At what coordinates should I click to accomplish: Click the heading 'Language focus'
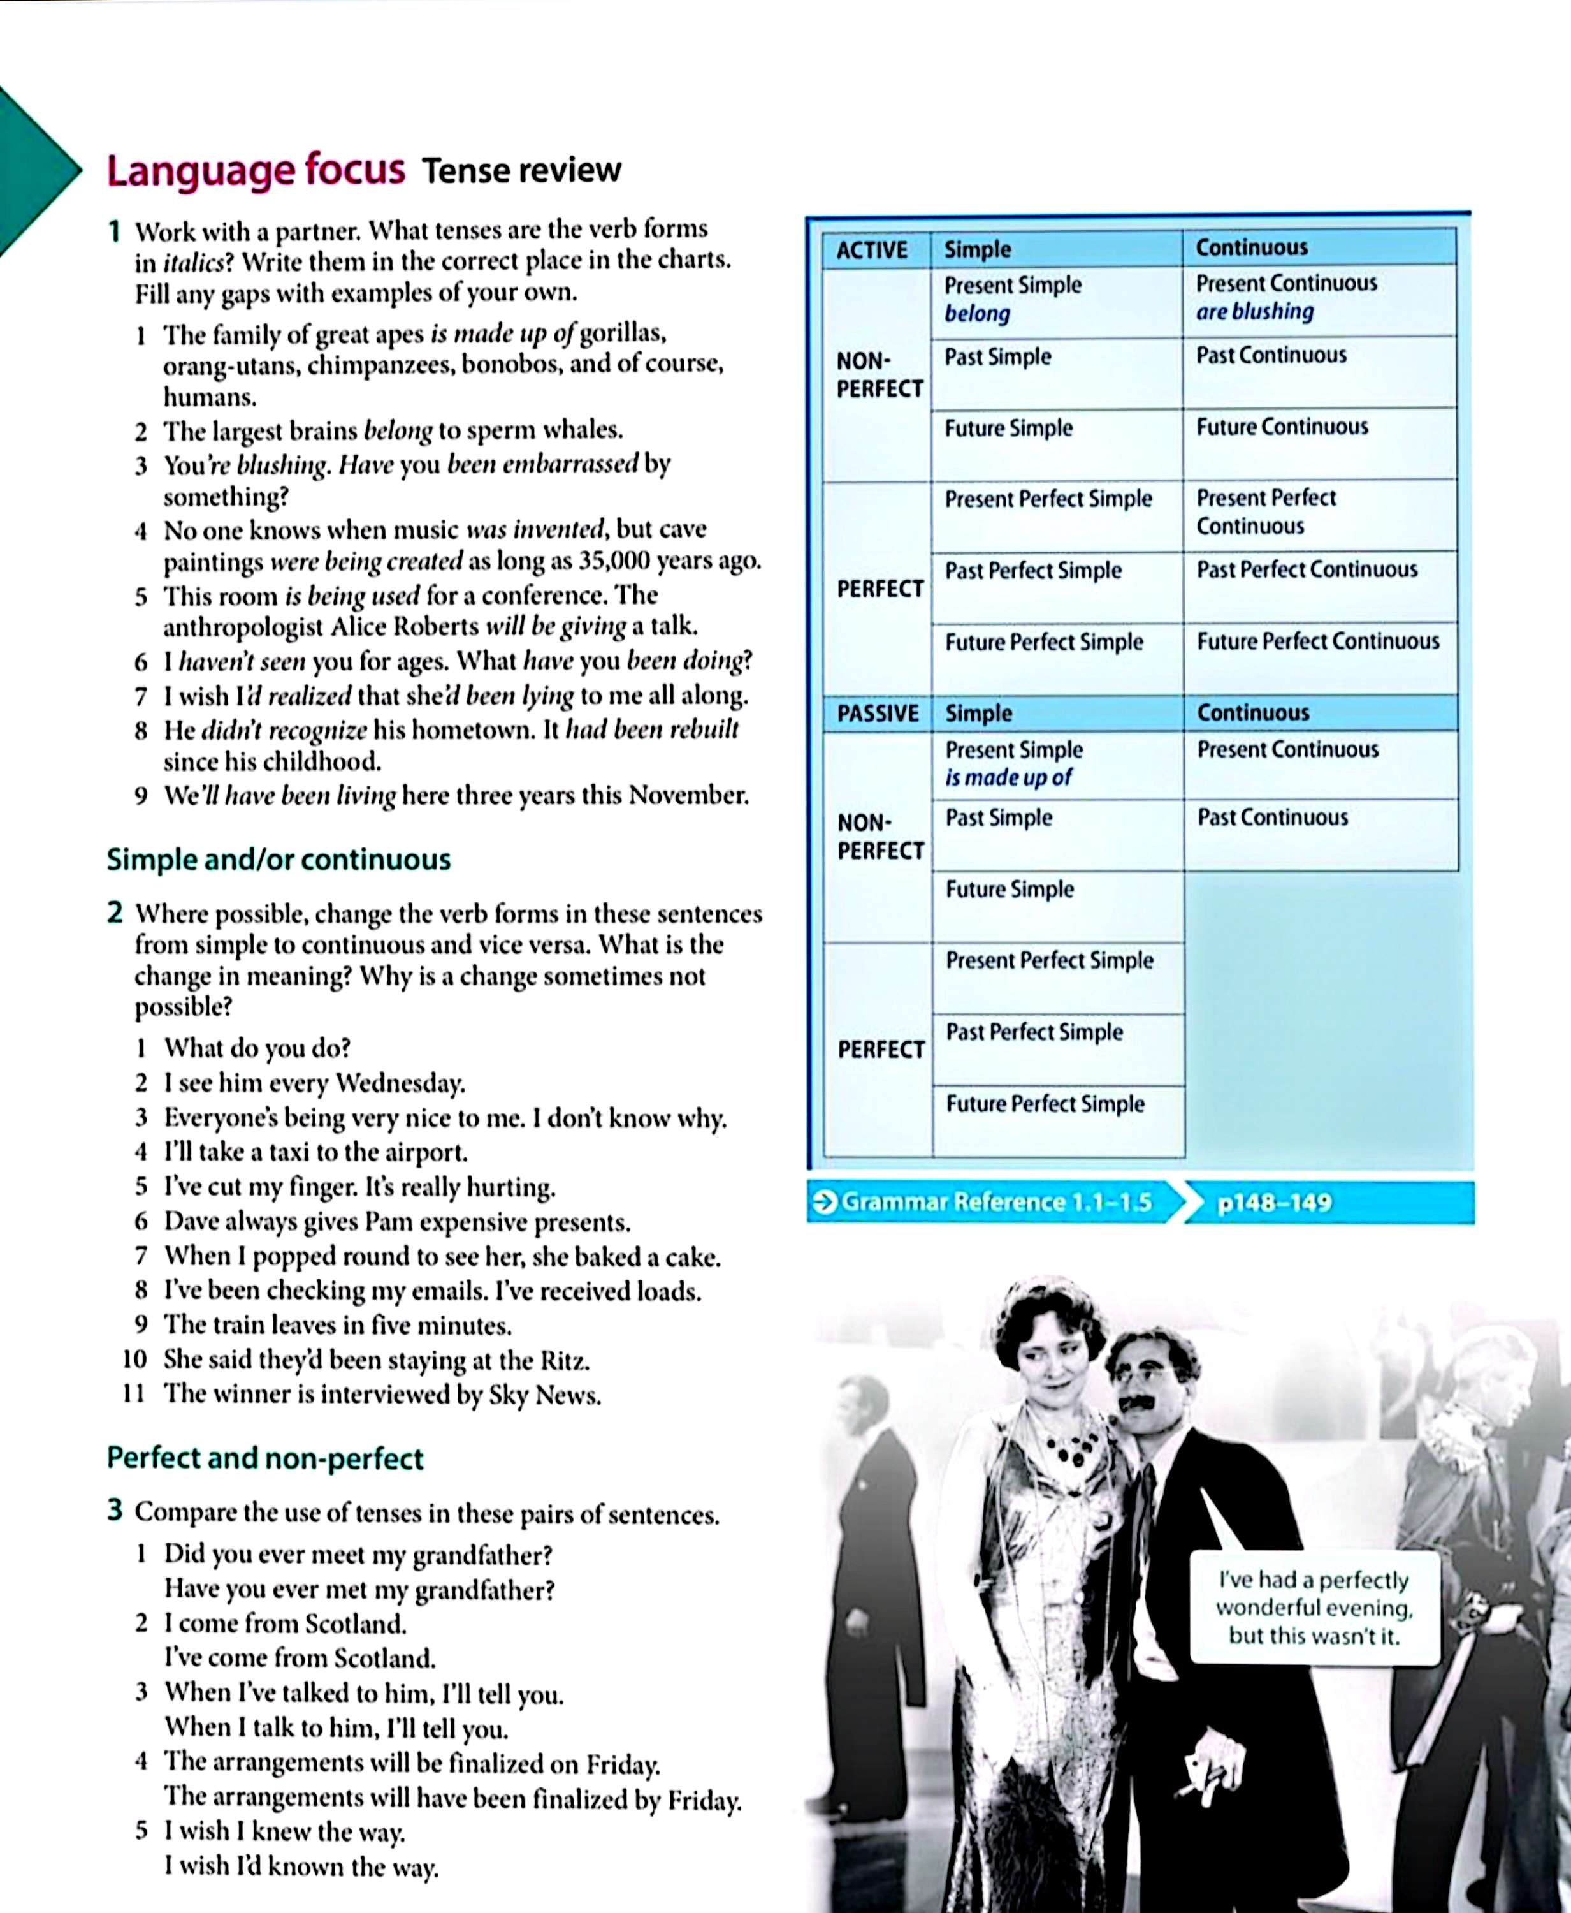(255, 170)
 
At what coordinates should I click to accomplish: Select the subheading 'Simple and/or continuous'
(278, 859)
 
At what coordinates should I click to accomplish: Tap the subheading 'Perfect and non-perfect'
(264, 1458)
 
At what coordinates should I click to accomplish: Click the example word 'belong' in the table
(976, 314)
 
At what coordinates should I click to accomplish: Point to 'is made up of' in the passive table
(1007, 778)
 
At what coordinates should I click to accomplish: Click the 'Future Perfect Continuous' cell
(1317, 642)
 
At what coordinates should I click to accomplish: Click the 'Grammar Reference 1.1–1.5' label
(995, 1202)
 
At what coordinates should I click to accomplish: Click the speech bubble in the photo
(1313, 1608)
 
